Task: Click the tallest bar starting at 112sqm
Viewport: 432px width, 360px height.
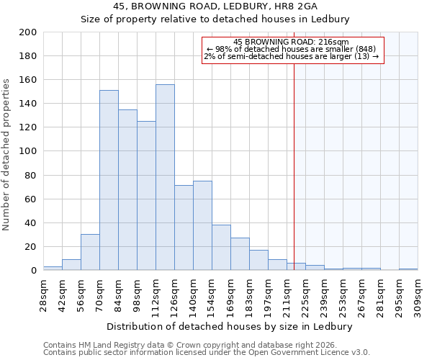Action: pos(165,177)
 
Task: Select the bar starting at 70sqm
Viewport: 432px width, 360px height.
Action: pos(109,180)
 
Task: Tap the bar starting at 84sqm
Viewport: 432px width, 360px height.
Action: pos(127,189)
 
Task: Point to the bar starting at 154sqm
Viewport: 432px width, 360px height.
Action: pos(221,247)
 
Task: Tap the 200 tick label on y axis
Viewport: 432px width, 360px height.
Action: pos(28,32)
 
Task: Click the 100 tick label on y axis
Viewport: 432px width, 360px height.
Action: pos(28,151)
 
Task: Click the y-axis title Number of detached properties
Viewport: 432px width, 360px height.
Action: pos(7,151)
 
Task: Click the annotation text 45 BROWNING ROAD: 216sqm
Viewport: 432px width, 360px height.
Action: pos(291,42)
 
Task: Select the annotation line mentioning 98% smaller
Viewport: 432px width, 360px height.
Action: pos(291,49)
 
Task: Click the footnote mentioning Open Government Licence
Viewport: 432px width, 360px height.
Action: pos(207,353)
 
